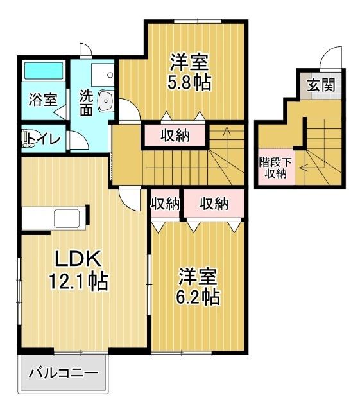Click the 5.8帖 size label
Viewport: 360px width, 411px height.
tap(190, 83)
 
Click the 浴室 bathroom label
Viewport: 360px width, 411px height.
tap(43, 100)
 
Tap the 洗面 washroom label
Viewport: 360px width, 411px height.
tap(86, 103)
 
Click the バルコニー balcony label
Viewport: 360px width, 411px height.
tap(63, 372)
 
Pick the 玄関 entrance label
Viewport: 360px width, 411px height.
tap(320, 85)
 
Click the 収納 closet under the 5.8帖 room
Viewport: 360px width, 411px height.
tap(174, 135)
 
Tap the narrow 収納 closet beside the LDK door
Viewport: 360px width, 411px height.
tap(165, 204)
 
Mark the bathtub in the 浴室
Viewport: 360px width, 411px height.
tap(43, 71)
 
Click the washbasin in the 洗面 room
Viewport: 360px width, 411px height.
tap(107, 100)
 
